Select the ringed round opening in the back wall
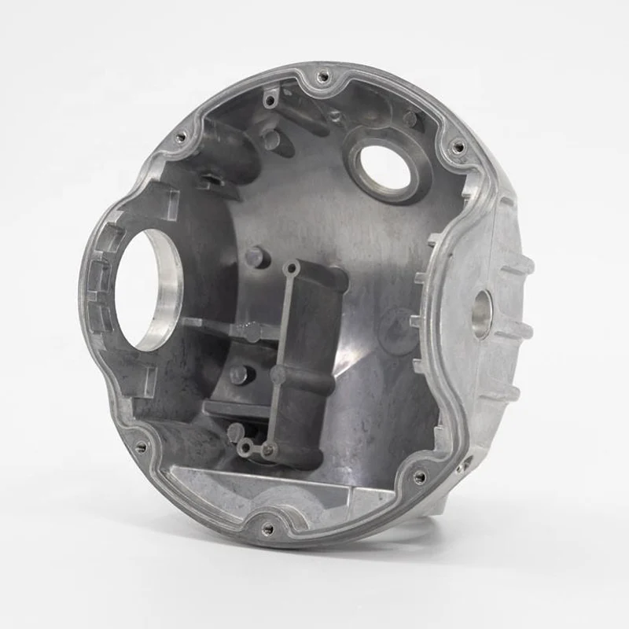(384, 167)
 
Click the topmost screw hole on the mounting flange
(322, 77)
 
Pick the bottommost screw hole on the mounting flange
(267, 528)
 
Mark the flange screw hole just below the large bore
(142, 446)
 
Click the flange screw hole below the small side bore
(420, 476)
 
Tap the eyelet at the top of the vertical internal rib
(290, 269)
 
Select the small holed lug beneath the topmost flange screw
(270, 100)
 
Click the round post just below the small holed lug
(271, 139)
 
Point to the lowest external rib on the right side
(503, 393)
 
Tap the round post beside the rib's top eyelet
(257, 257)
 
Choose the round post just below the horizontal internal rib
(238, 375)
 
